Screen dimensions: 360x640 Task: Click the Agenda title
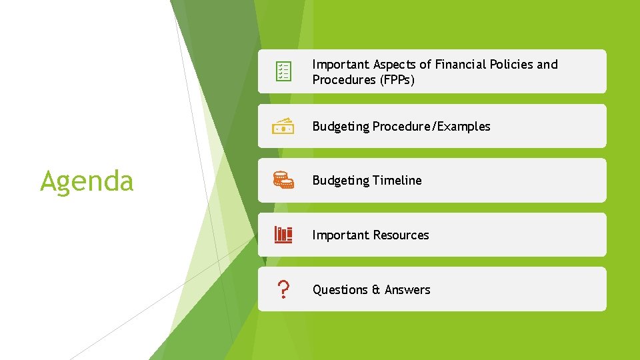87,181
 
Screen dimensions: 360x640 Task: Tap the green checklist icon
283,71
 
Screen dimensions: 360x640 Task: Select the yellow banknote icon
283,126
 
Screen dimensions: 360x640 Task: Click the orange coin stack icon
283,180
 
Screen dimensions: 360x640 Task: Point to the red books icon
283,235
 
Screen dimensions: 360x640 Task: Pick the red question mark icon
283,289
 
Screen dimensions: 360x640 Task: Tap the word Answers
407,290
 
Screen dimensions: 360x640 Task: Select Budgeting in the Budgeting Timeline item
341,181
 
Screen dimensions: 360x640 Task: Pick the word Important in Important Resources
340,235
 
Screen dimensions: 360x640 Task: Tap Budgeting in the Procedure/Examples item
341,127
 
